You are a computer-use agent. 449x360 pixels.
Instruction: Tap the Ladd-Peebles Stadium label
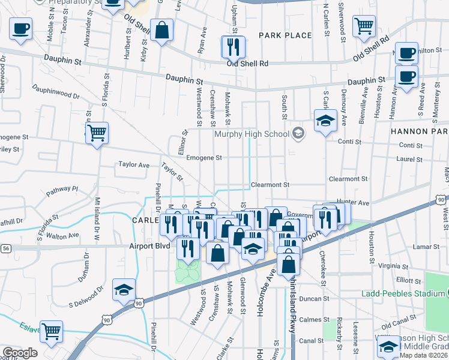[402, 293]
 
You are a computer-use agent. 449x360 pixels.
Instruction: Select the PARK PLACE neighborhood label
[285, 35]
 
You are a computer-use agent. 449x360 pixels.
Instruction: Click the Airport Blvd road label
[149, 245]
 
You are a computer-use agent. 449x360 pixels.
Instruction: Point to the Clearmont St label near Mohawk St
[270, 185]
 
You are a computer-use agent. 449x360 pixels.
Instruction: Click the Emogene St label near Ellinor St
[204, 158]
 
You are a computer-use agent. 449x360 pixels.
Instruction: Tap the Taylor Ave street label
[133, 164]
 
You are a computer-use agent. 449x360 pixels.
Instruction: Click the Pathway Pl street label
[62, 191]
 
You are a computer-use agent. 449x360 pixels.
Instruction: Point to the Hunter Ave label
[369, 203]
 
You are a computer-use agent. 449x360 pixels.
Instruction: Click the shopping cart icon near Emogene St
[96, 133]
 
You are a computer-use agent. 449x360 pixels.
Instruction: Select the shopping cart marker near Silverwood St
[364, 27]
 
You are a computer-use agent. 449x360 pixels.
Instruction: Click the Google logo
[20, 353]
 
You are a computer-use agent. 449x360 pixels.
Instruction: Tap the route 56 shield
[6, 247]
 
